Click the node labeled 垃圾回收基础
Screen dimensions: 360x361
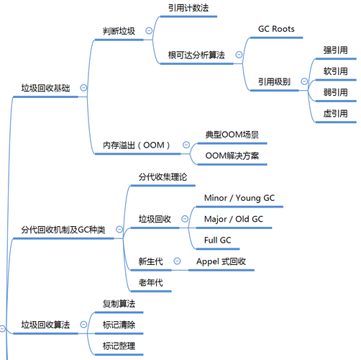click(46, 89)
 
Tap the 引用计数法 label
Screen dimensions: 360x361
click(188, 8)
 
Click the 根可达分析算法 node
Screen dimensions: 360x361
click(196, 54)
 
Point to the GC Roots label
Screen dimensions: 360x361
click(276, 30)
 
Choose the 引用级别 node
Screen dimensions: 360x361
click(274, 81)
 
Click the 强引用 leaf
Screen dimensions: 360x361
click(335, 50)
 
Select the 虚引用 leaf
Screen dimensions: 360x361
click(335, 113)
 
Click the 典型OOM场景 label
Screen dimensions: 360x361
click(232, 135)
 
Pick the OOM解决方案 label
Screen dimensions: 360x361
click(232, 156)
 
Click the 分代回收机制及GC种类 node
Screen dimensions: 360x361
click(63, 230)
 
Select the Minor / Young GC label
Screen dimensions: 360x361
click(239, 197)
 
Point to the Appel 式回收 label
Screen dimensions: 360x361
click(221, 261)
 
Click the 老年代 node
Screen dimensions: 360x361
click(150, 282)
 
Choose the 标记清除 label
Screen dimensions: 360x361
click(119, 325)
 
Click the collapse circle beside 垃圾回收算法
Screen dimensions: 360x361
click(83, 325)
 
